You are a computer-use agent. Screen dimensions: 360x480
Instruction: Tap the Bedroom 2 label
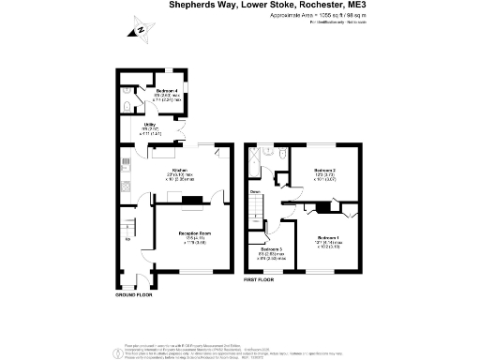click(x=325, y=171)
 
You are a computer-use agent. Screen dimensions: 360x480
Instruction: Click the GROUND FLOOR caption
click(x=133, y=293)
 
